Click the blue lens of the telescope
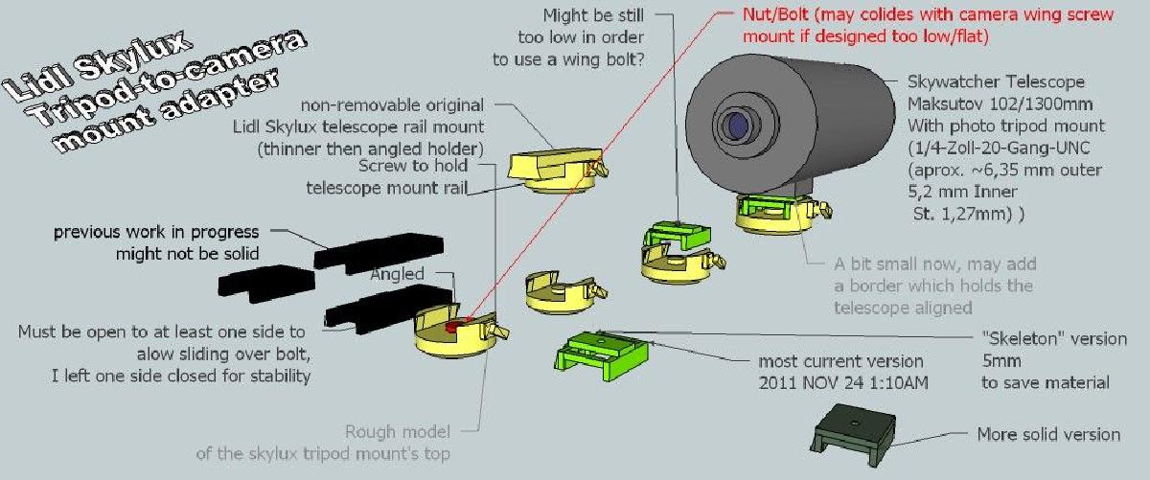[x=738, y=126]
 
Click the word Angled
[x=397, y=274]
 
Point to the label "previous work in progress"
[x=156, y=232]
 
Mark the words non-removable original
[x=392, y=105]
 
